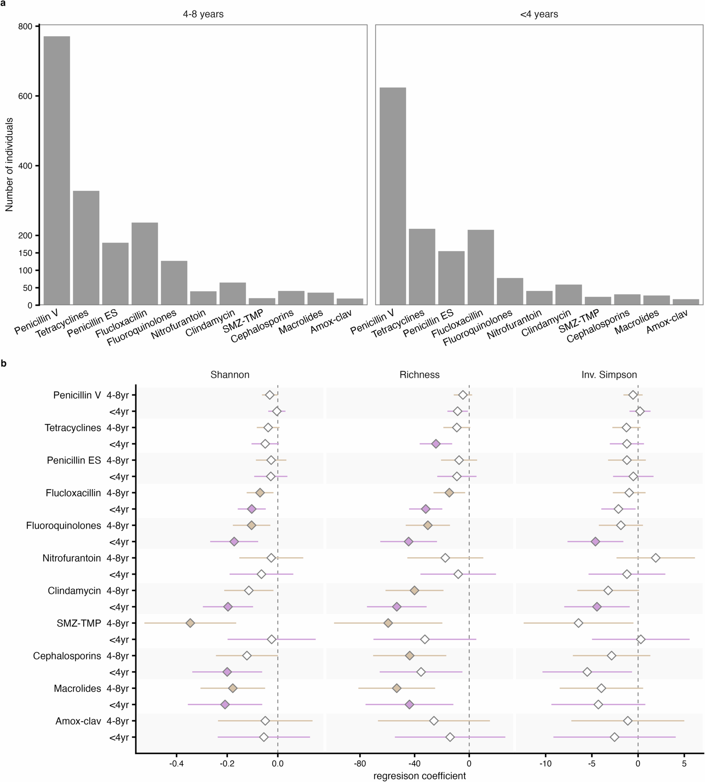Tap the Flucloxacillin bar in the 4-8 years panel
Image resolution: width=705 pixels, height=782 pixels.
[144, 263]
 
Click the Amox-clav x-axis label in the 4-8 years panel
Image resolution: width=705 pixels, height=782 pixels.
[331, 322]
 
